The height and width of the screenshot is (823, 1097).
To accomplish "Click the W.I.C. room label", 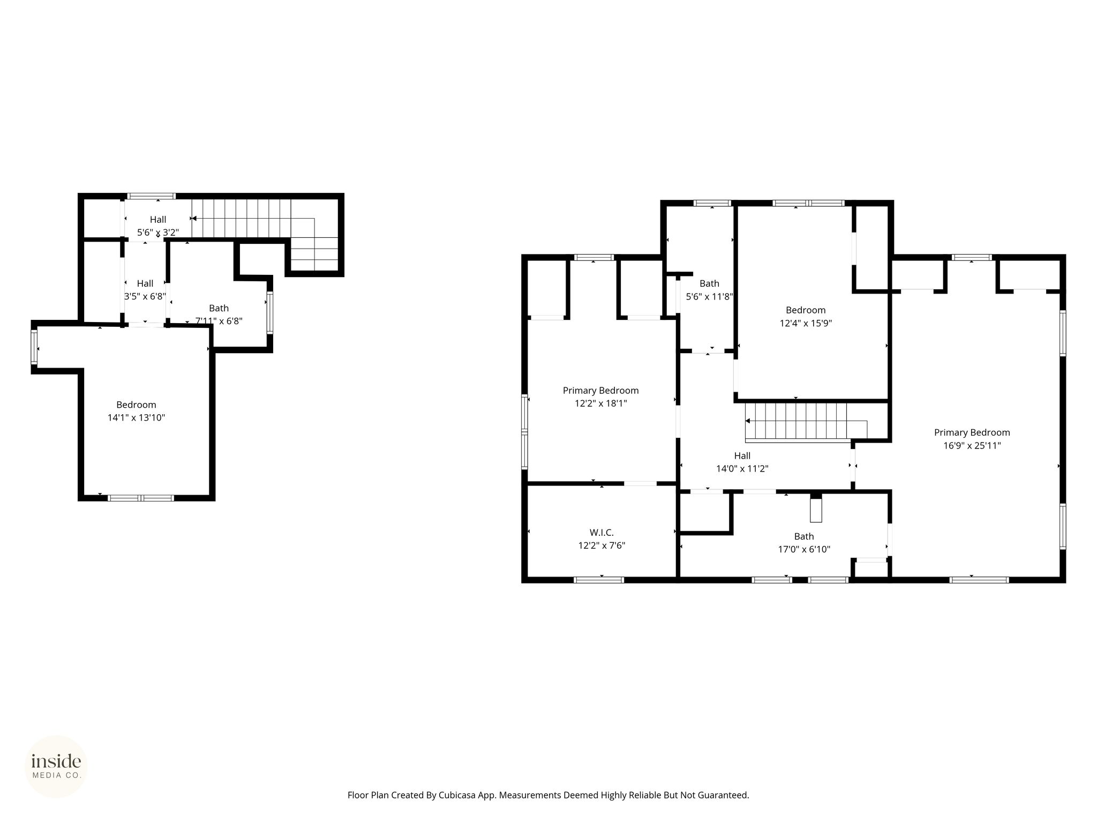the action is (602, 533).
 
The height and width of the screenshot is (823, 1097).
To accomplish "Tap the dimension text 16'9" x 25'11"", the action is (972, 446).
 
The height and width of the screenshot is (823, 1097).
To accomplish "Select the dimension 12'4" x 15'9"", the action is (806, 323).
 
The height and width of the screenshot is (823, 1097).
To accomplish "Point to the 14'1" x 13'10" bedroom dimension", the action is (136, 417).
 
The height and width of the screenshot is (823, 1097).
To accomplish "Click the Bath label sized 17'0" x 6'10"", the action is (804, 536).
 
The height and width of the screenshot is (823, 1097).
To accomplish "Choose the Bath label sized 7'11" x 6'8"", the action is (219, 308).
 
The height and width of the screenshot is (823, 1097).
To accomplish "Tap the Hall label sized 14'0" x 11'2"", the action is (742, 456).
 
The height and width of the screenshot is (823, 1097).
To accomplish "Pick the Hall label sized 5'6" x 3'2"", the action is (158, 219).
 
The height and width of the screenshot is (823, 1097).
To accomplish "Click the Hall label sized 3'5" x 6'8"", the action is (145, 283).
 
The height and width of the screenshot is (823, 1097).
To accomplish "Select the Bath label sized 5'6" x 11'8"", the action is (709, 283).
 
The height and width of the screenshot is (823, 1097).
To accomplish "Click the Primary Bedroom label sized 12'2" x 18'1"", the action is (600, 391).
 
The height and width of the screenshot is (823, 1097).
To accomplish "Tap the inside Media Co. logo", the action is (56, 766).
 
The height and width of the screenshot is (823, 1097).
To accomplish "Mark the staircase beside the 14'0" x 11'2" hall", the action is (806, 422).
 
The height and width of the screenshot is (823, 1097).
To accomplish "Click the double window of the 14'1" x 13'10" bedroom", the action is (141, 498).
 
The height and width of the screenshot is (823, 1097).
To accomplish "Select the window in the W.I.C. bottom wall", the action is (599, 579).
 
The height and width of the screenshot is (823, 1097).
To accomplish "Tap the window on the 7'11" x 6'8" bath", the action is (270, 313).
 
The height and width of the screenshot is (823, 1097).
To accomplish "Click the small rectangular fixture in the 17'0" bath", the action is (815, 510).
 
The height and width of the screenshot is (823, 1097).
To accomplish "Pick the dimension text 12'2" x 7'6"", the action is (602, 545).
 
